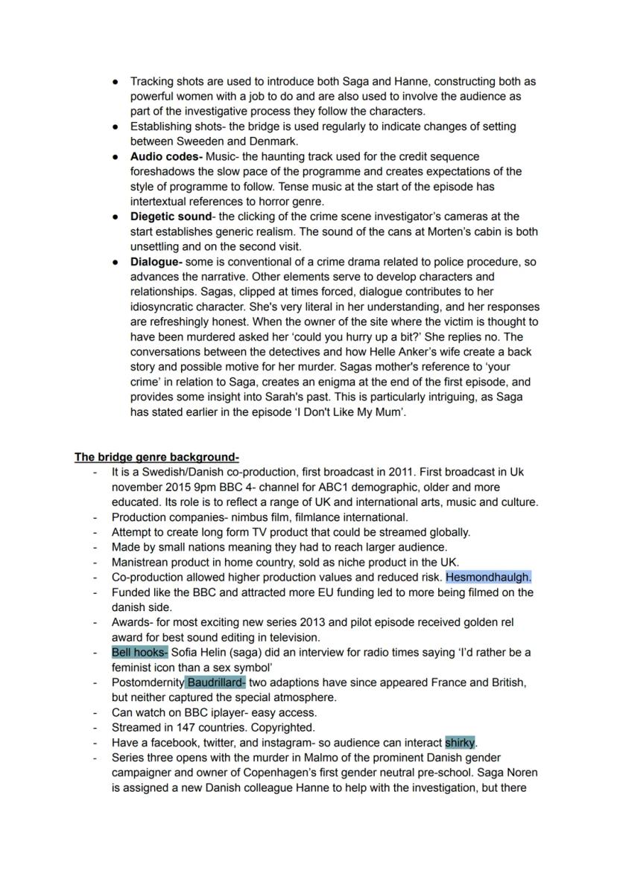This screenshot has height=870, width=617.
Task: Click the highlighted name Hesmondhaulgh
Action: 488,577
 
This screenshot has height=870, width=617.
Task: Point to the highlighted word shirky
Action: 460,743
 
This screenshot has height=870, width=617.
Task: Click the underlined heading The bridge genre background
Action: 156,457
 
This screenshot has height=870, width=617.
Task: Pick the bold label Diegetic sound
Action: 171,217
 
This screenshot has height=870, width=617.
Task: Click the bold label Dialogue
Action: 156,262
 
